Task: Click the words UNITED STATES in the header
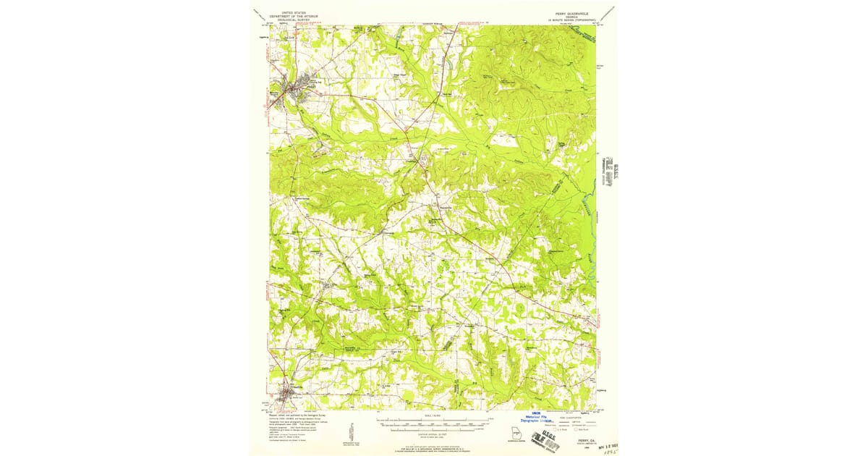click(293, 13)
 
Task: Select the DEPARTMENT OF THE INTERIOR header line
click(293, 17)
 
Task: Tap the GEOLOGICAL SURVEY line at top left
click(293, 20)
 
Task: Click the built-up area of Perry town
click(297, 89)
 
